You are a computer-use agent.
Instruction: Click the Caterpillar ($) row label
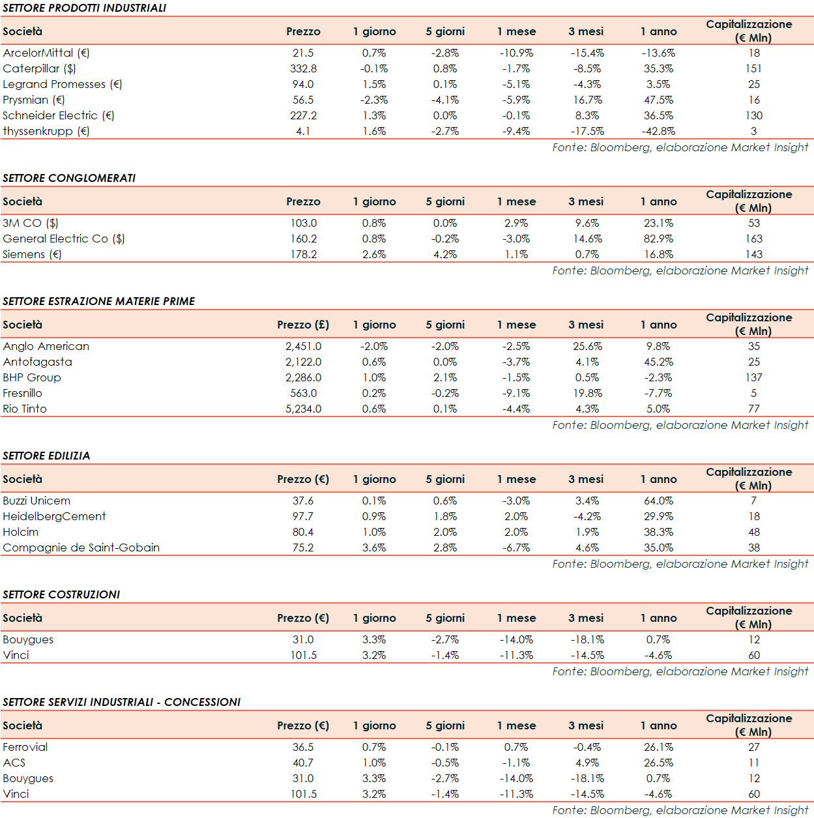click(x=39, y=68)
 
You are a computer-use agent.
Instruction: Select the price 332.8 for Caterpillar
click(x=303, y=68)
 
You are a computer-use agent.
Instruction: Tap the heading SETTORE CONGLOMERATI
click(x=69, y=178)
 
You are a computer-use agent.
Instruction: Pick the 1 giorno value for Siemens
click(x=374, y=254)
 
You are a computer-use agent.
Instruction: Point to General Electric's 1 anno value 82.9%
click(x=658, y=239)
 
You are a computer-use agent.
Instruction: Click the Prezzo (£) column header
click(x=303, y=325)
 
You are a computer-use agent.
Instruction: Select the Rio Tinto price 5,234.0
click(x=303, y=409)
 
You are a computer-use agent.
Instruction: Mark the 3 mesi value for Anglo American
click(x=587, y=346)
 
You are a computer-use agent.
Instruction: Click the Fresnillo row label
click(x=22, y=393)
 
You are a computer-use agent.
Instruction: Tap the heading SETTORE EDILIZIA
click(x=46, y=456)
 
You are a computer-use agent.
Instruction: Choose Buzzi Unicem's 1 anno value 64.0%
click(x=658, y=501)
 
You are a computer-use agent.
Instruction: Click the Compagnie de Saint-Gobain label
click(x=81, y=548)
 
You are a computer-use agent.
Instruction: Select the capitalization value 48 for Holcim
click(x=754, y=532)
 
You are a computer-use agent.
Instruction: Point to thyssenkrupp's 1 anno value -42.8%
click(x=658, y=131)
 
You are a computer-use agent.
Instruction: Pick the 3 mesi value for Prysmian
click(x=587, y=100)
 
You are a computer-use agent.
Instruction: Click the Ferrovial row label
click(x=25, y=747)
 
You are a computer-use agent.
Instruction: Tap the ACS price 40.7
click(x=303, y=763)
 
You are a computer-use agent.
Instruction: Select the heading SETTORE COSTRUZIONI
click(x=61, y=594)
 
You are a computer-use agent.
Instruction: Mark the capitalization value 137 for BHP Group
click(x=754, y=377)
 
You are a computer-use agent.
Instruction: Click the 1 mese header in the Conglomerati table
click(x=516, y=201)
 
